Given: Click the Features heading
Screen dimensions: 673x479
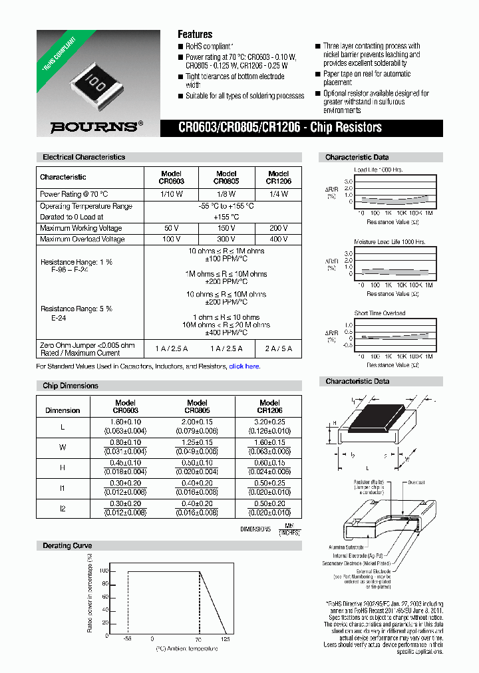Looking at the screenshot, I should (x=195, y=34).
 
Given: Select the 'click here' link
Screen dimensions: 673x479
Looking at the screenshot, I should (x=244, y=366).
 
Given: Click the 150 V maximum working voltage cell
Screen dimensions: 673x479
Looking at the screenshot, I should (x=226, y=228).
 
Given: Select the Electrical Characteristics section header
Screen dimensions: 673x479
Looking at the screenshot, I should (x=84, y=158).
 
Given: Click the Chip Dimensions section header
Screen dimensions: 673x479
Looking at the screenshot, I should (x=71, y=386).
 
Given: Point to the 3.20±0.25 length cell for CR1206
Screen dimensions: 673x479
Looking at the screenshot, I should (x=269, y=426).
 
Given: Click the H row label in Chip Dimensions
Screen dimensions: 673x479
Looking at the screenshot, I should (x=63, y=468).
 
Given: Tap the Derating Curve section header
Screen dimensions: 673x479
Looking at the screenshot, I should (x=67, y=545).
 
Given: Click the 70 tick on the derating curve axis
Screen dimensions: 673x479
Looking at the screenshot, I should (x=198, y=638).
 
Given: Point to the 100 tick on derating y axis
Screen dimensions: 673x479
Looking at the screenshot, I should (x=103, y=571).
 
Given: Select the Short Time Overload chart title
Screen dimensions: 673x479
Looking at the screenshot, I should (x=380, y=313).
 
